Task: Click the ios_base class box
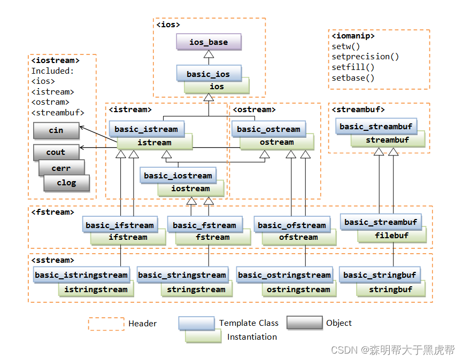coord(209,42)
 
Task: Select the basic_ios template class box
coord(209,74)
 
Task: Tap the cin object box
coord(56,130)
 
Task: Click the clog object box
coord(67,183)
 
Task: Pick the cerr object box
coord(61,168)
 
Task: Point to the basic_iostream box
coord(178,175)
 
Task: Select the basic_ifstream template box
coord(120,225)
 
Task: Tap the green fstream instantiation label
coord(213,238)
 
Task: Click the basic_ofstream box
coord(291,225)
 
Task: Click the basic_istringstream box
coord(81,275)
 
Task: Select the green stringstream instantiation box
coord(196,289)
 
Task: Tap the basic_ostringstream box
coord(284,275)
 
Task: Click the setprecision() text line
coord(365,57)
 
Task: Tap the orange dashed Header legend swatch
coord(106,324)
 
